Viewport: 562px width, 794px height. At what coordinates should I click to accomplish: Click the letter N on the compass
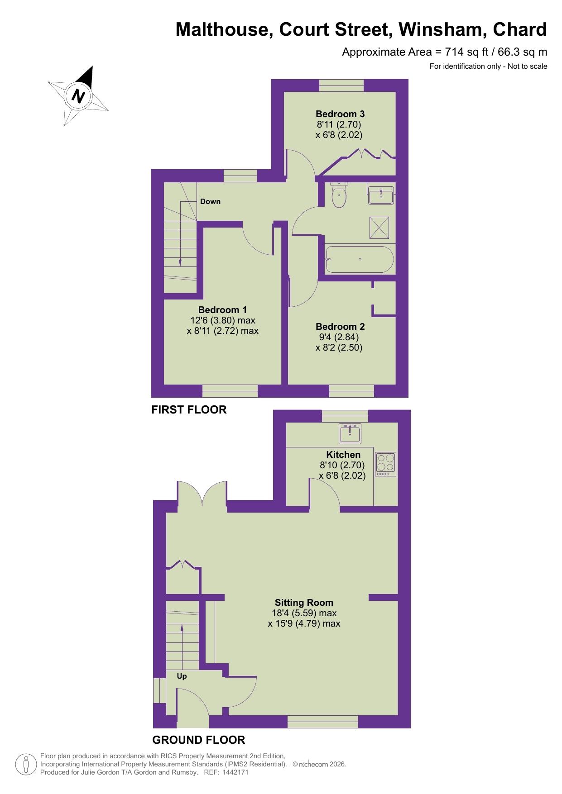[x=79, y=96]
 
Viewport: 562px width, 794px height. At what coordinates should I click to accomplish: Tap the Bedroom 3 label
[x=340, y=114]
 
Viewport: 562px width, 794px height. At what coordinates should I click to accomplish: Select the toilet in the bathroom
[x=339, y=196]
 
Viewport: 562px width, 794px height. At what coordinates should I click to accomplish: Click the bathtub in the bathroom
[x=360, y=259]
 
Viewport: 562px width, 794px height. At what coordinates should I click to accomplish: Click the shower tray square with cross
[x=379, y=228]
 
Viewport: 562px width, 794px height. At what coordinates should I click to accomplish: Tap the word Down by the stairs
[x=210, y=201]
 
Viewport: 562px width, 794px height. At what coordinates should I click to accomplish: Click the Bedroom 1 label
[x=222, y=310]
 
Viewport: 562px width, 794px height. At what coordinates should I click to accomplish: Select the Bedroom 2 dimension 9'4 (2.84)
[x=339, y=337]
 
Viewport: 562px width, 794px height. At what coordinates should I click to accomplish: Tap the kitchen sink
[x=350, y=433]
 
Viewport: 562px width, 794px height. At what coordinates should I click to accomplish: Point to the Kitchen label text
[x=343, y=455]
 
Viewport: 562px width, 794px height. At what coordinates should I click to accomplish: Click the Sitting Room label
[x=304, y=603]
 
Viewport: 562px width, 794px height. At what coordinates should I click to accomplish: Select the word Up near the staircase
[x=182, y=676]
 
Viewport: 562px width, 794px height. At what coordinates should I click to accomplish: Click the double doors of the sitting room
[x=202, y=498]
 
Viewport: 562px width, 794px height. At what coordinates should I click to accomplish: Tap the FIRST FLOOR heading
[x=189, y=409]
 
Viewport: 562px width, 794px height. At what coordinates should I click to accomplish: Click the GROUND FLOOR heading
[x=198, y=740]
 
